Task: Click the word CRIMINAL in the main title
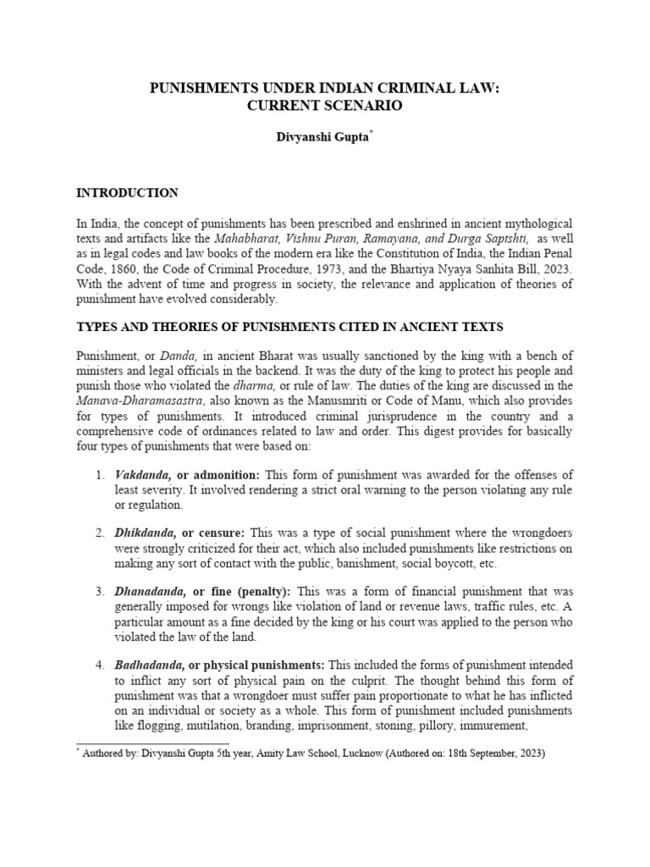(x=405, y=87)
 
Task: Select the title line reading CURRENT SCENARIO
(x=324, y=106)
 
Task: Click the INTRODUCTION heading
(x=127, y=193)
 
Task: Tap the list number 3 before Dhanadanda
(x=99, y=592)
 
